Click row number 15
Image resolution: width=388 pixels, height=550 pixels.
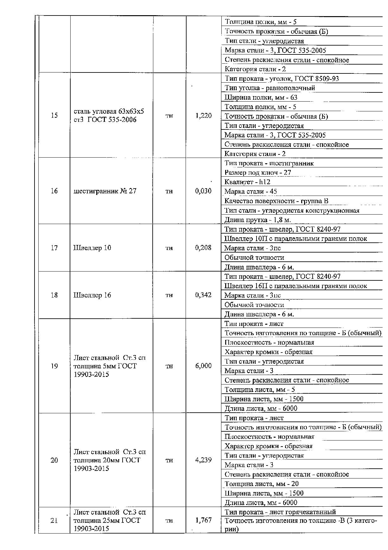tap(54, 115)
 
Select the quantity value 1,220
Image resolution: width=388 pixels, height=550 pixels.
tap(203, 116)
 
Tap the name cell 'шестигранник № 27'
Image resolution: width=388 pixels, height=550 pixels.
tap(105, 191)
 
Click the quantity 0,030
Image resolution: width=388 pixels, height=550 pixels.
tap(203, 191)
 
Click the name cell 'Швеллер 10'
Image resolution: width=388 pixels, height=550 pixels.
tap(92, 247)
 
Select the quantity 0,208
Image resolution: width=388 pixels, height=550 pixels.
tap(203, 247)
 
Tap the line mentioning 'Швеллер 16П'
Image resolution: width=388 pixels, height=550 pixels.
tap(296, 286)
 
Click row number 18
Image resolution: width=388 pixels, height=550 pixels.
tap(54, 295)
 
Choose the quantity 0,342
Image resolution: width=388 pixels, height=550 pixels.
tap(203, 295)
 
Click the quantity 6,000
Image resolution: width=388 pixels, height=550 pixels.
tap(203, 366)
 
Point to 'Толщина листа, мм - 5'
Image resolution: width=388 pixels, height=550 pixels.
tap(260, 390)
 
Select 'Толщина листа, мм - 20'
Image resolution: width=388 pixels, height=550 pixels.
tap(261, 484)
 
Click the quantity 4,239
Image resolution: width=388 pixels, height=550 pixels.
tap(203, 460)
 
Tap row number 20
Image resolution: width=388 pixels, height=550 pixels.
tap(54, 460)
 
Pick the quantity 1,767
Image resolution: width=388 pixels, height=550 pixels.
tap(203, 520)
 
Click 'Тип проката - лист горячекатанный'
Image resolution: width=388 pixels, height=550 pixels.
tap(280, 512)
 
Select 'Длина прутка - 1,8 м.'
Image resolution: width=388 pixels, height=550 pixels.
tap(258, 220)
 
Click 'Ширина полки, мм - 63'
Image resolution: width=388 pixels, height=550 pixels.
tap(261, 97)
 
